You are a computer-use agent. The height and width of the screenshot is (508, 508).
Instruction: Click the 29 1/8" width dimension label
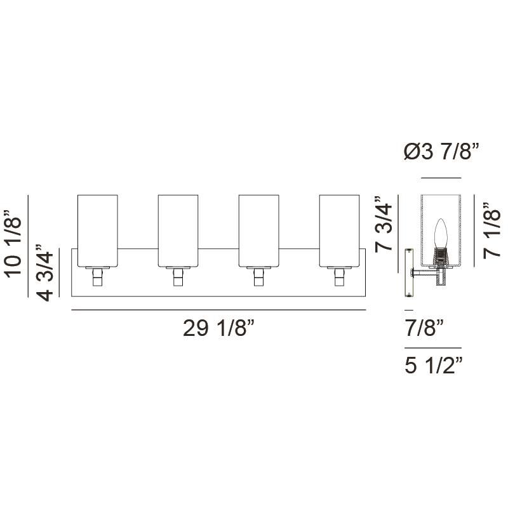point(218,330)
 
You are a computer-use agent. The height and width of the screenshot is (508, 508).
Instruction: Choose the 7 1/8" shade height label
point(493,231)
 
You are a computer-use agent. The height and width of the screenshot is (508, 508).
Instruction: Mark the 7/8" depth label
point(423,329)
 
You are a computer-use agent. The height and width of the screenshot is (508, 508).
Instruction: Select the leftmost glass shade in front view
point(97,229)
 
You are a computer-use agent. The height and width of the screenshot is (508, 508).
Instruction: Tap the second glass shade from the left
point(178,229)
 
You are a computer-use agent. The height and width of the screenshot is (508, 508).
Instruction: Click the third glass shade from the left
point(259,229)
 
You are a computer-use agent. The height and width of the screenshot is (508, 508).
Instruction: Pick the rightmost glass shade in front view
point(340,229)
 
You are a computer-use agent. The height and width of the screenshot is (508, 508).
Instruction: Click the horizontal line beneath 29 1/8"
point(218,310)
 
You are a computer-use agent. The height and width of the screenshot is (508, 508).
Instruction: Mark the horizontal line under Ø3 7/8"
point(440,178)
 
